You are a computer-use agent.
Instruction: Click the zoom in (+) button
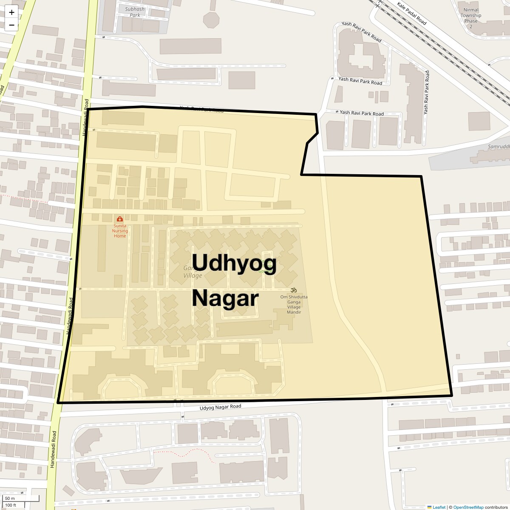tap(11, 12)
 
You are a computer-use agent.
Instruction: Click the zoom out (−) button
tap(11, 25)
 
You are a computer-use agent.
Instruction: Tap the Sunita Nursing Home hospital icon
tap(119, 218)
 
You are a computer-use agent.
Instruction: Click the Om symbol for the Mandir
tap(293, 290)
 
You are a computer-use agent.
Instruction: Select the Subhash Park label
tap(135, 12)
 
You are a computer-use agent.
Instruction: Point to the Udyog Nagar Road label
tap(220, 407)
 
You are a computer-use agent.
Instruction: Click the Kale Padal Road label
tap(411, 13)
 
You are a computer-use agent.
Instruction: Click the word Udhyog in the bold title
tap(235, 263)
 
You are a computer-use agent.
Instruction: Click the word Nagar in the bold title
tap(225, 298)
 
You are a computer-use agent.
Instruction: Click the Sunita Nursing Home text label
tap(120, 231)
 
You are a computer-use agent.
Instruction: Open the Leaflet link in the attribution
tap(439, 507)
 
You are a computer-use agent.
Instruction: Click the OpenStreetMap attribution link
tap(468, 507)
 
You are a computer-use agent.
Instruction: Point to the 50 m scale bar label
tap(10, 499)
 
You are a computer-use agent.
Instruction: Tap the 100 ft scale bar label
tap(11, 505)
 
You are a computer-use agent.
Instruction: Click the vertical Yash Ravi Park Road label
tap(426, 93)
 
